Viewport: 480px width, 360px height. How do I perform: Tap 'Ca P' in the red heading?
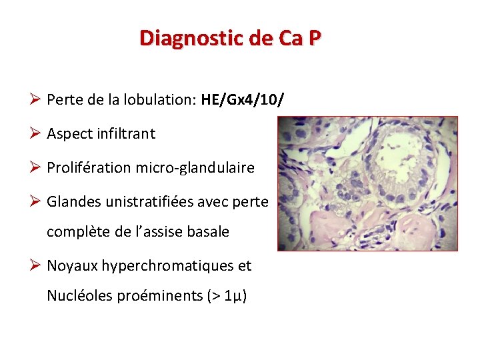[x=299, y=38]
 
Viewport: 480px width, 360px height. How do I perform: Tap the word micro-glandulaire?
[x=195, y=167]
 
